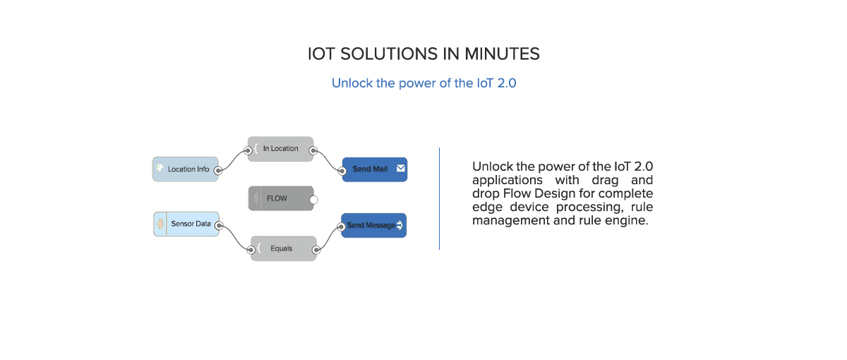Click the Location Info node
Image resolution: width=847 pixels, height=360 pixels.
tap(185, 169)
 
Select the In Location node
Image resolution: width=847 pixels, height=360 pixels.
tap(280, 149)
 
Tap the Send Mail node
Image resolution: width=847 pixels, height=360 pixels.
tap(374, 169)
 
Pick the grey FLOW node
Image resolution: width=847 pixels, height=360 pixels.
tap(281, 198)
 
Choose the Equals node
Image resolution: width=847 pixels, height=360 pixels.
tap(282, 248)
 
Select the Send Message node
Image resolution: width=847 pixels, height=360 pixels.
tap(373, 225)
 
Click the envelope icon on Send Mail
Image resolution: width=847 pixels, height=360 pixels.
tap(400, 169)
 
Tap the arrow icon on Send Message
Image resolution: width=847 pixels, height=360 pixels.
tap(400, 225)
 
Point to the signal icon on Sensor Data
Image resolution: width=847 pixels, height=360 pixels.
tap(160, 224)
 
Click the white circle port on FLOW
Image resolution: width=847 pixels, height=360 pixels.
tap(314, 200)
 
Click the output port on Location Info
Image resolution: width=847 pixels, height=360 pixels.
tap(219, 170)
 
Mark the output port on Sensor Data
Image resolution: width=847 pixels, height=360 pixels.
tap(219, 226)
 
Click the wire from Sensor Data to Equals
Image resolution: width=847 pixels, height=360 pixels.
tap(235, 238)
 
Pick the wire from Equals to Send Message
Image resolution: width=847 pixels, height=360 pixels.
tap(328, 237)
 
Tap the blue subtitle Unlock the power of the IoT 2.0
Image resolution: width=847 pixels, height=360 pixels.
tap(424, 83)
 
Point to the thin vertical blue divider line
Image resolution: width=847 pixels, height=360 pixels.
tap(439, 198)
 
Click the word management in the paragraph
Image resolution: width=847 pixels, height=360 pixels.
tap(503, 221)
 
